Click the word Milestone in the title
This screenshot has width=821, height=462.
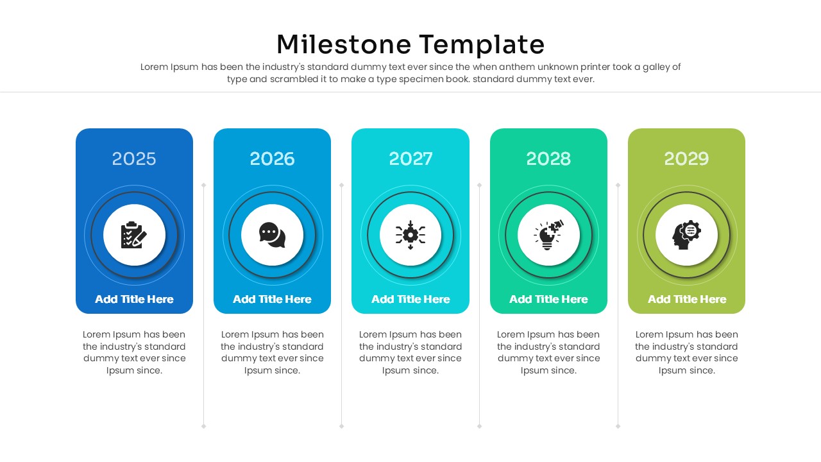(343, 45)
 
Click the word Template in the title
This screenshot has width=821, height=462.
(482, 45)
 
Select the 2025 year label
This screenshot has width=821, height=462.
(134, 159)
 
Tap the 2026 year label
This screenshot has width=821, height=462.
(272, 159)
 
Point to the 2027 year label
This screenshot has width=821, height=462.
(410, 159)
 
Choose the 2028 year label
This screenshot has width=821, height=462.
(548, 159)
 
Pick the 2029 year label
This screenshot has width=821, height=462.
(686, 159)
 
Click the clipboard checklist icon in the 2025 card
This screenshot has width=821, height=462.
(134, 235)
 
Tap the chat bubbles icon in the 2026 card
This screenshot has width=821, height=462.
(272, 235)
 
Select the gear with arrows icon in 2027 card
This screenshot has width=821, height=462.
(410, 235)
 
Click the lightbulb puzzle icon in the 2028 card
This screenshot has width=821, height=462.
(548, 235)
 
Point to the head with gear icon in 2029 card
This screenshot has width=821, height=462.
(686, 235)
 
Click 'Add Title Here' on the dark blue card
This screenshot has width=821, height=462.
(134, 299)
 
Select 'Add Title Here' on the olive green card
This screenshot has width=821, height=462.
(686, 299)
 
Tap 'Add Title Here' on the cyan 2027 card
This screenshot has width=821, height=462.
(410, 299)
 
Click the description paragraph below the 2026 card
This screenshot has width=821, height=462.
(272, 352)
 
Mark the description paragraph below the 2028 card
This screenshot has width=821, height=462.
(548, 352)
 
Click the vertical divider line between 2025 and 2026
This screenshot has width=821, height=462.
(203, 305)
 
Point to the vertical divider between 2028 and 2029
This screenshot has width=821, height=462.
(618, 305)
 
